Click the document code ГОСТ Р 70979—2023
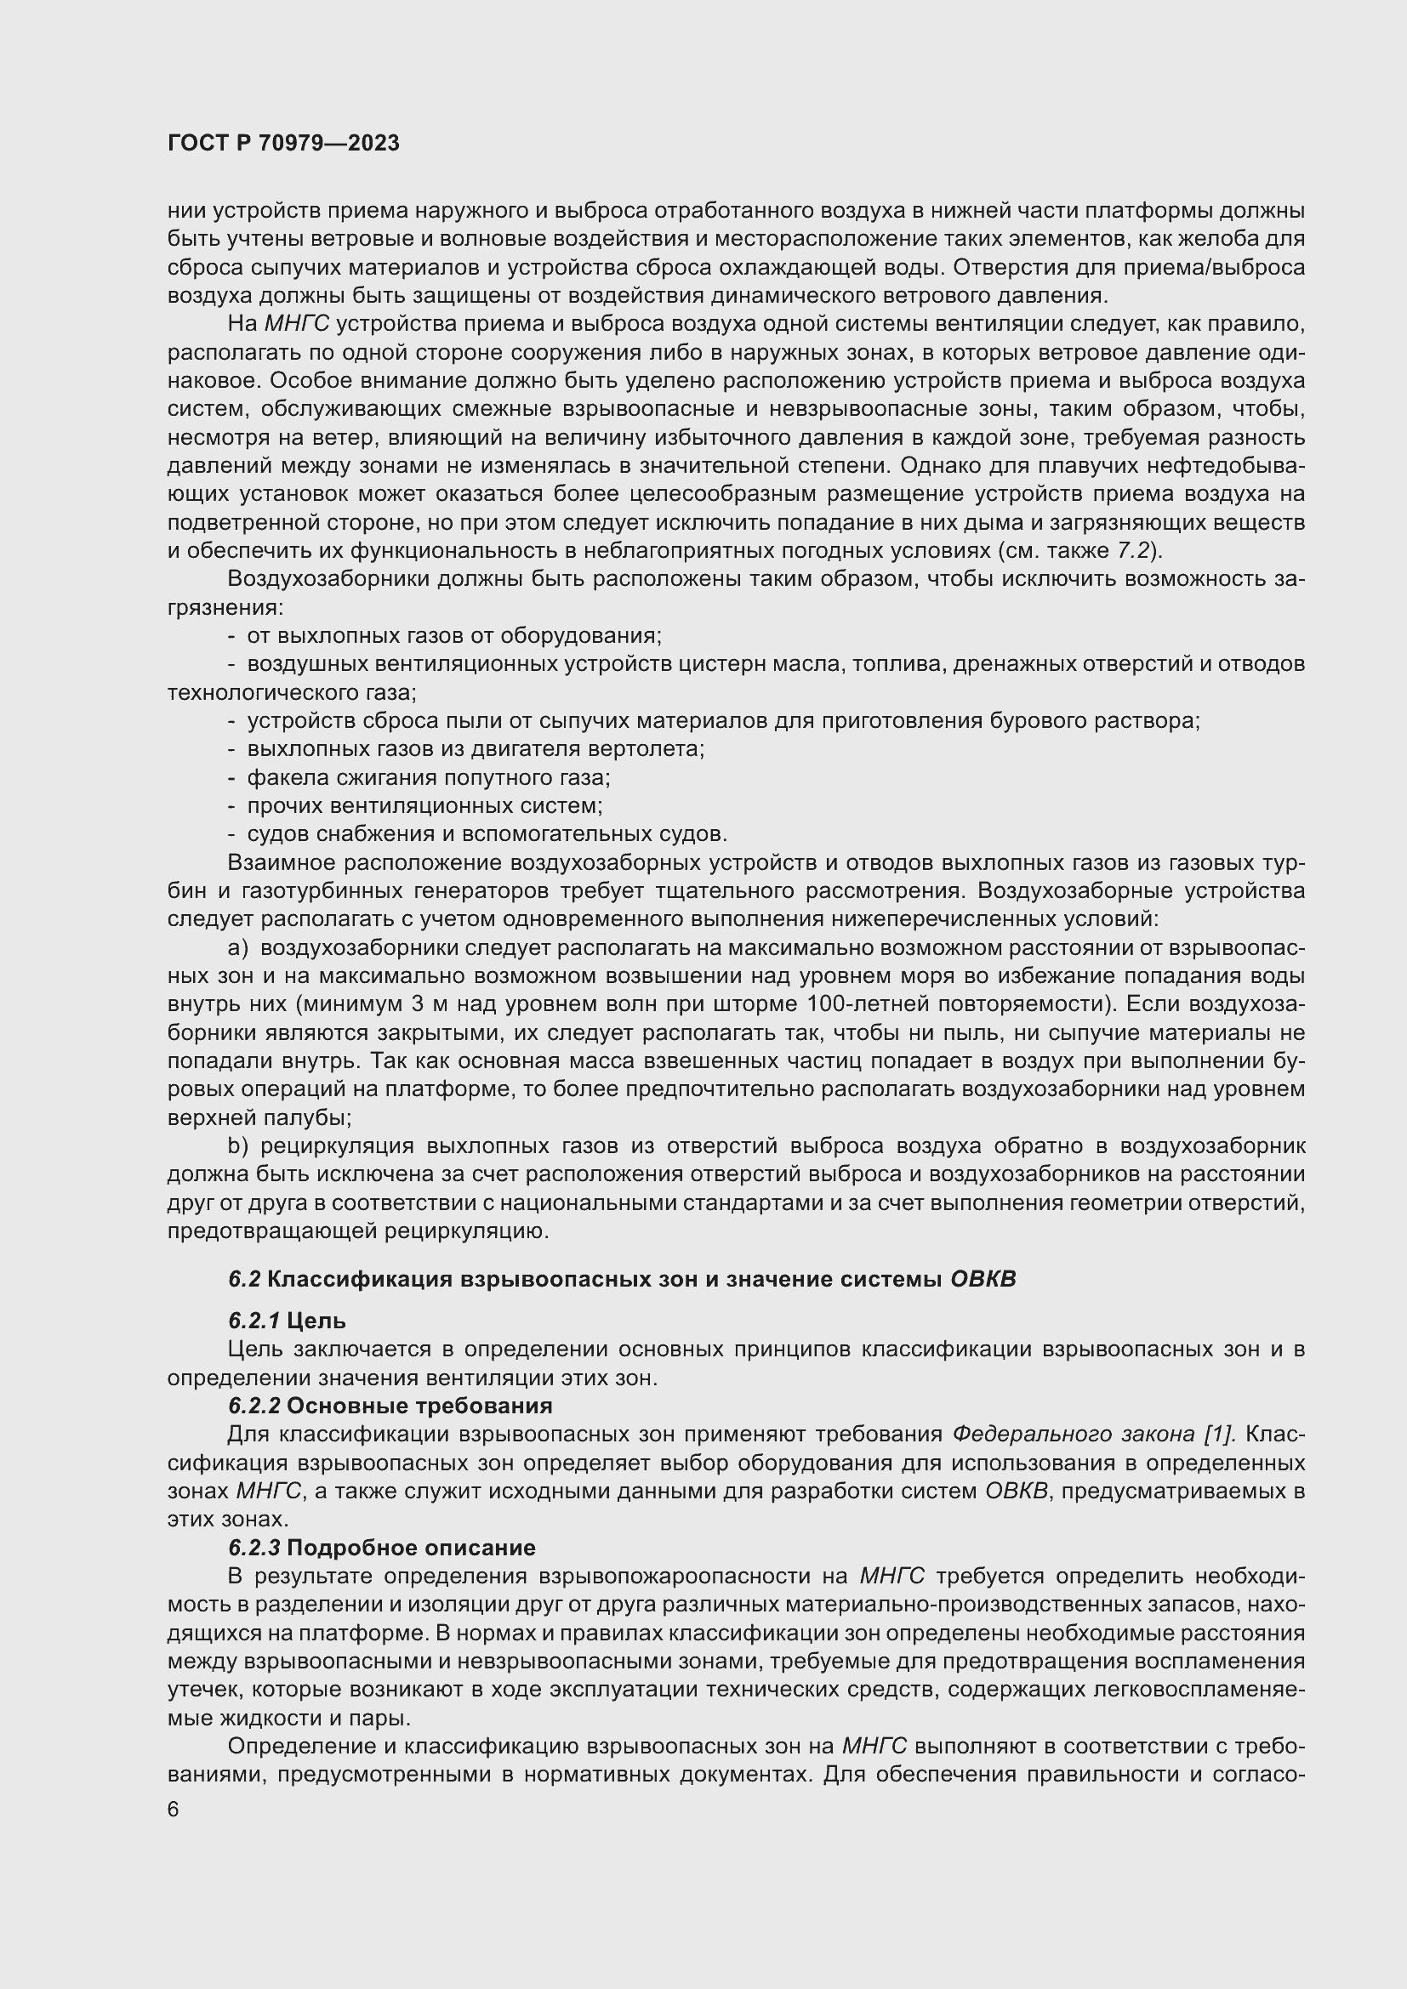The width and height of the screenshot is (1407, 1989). pyautogui.click(x=283, y=144)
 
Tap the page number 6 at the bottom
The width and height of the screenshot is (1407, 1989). pyautogui.click(x=174, y=1810)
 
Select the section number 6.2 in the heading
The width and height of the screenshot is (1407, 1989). pyautogui.click(x=244, y=1280)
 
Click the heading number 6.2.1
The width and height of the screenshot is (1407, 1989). pyautogui.click(x=253, y=1321)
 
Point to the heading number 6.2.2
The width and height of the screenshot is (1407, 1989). pyautogui.click(x=253, y=1405)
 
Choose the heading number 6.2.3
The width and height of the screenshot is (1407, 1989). pyautogui.click(x=253, y=1547)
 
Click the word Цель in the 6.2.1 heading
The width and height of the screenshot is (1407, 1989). pyautogui.click(x=316, y=1321)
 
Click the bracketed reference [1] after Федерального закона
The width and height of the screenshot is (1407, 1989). pyautogui.click(x=1220, y=1434)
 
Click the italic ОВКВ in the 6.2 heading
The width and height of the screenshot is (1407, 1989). pyautogui.click(x=983, y=1280)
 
